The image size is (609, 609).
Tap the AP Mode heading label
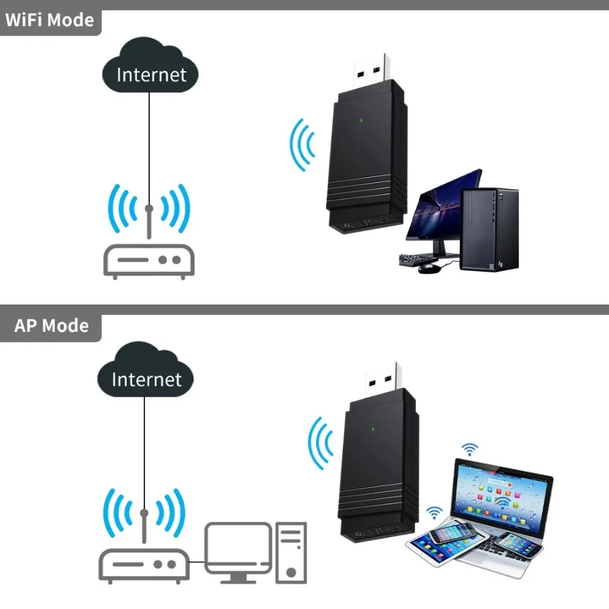[51, 325]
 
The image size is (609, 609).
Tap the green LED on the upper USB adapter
[361, 123]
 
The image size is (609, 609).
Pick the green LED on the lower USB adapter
[372, 430]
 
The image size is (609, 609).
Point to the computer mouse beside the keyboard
[428, 268]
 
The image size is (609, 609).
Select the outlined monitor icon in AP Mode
[238, 547]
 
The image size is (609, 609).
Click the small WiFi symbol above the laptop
[469, 449]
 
